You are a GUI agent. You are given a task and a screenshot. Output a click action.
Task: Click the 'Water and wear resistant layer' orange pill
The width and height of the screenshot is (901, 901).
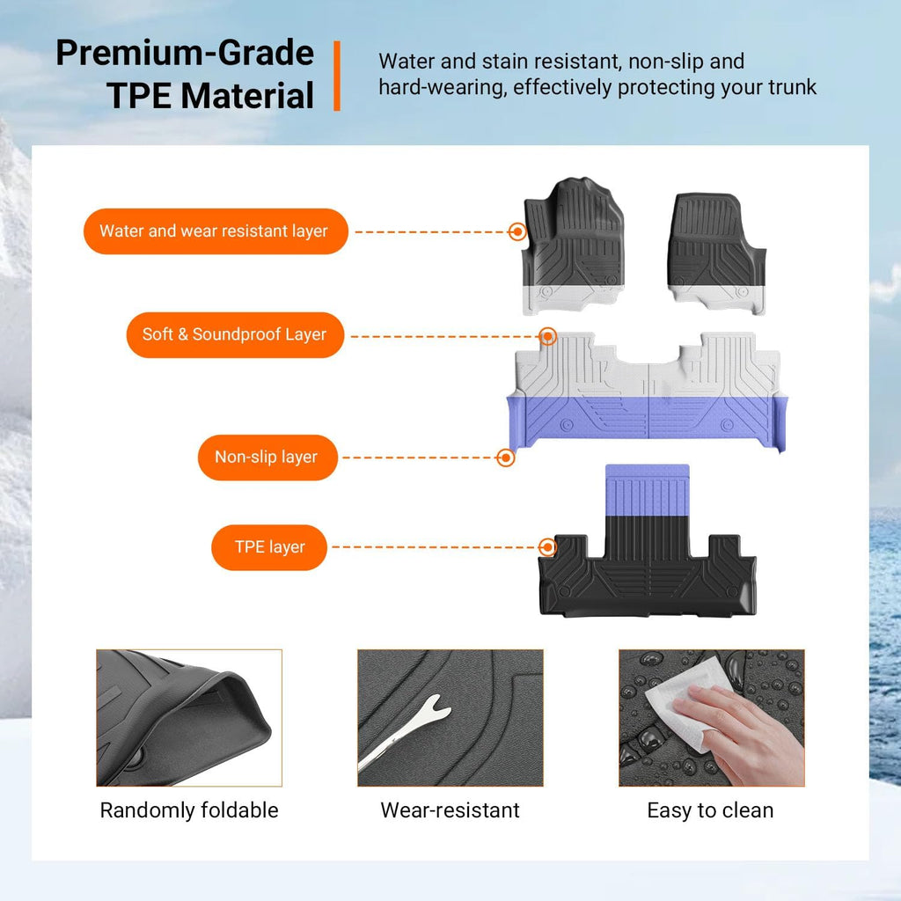click(216, 231)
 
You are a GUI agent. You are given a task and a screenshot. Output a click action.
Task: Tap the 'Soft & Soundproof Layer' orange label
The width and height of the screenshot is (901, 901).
click(235, 334)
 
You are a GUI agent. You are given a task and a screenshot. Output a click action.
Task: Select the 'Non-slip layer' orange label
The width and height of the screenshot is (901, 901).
click(267, 458)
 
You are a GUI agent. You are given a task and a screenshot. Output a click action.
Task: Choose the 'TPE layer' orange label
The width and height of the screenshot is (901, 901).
click(269, 547)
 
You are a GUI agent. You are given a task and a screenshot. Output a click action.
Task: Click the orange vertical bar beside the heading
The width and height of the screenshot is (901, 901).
click(337, 76)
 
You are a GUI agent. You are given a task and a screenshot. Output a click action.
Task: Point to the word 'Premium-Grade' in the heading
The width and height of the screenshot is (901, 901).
click(185, 53)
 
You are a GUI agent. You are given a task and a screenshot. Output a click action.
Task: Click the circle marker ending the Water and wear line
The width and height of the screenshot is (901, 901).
click(517, 231)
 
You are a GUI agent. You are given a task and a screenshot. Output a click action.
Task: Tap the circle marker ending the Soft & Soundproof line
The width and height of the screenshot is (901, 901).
click(548, 336)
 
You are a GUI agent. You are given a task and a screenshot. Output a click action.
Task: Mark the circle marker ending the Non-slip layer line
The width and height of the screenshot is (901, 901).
click(506, 458)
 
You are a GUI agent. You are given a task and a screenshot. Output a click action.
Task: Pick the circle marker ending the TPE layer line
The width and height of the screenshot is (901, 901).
click(547, 547)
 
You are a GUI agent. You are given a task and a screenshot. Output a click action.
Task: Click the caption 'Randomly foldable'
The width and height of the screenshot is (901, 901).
click(189, 810)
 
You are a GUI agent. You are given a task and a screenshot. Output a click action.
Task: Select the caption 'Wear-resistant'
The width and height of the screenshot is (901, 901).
click(450, 810)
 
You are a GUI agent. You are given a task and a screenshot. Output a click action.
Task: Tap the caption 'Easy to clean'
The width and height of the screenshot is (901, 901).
click(710, 810)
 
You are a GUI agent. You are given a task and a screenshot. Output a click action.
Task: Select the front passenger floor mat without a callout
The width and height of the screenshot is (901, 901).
click(716, 253)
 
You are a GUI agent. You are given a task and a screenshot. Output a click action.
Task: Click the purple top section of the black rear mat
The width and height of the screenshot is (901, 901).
click(647, 490)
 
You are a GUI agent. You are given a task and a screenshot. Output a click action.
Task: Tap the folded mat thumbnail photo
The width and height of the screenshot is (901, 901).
click(189, 718)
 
